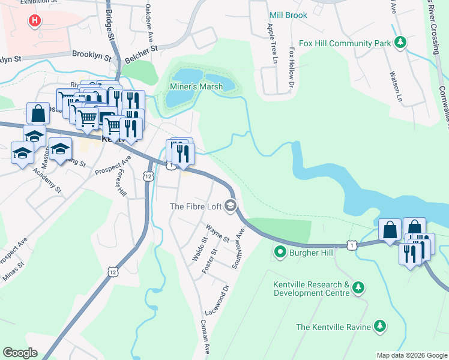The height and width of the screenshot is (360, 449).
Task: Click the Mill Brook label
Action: click(x=288, y=15)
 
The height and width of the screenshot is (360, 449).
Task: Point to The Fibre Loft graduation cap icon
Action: click(x=230, y=206)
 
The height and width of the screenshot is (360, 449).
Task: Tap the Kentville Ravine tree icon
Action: click(x=379, y=326)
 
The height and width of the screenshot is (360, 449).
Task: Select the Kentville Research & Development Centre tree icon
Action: click(x=358, y=289)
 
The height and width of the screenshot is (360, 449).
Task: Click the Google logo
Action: click(x=20, y=353)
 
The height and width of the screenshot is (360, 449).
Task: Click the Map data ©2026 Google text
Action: click(x=411, y=355)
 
